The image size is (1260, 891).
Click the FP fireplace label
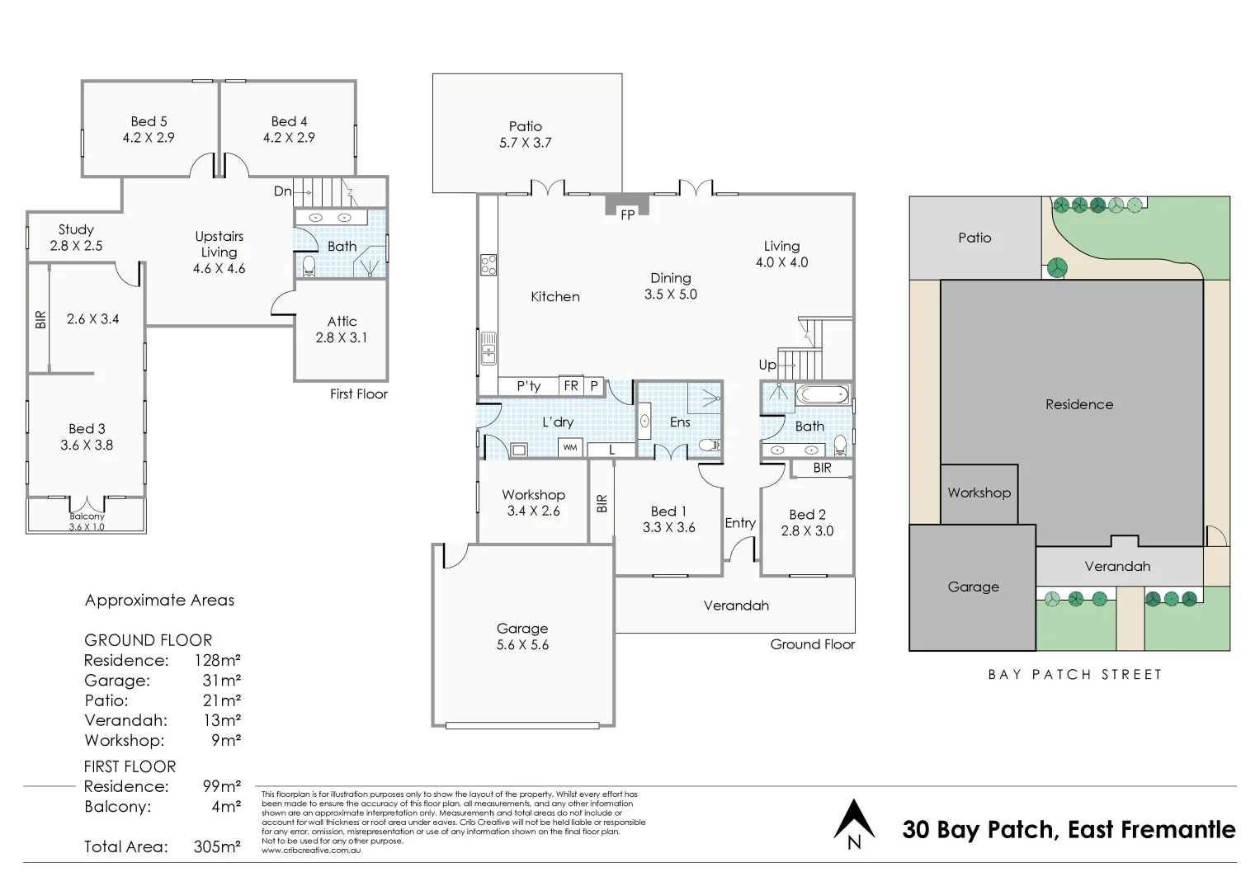pos(627,214)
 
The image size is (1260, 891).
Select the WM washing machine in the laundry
pos(570,448)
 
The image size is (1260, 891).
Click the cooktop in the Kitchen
pos(488,265)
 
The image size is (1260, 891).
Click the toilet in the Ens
pos(710,445)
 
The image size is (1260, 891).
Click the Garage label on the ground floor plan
pos(522,629)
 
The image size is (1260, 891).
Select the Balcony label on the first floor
pos(87,516)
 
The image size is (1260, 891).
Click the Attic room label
pos(342,321)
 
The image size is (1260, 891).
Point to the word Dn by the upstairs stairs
pos(282,191)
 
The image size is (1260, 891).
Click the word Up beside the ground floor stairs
pos(767,365)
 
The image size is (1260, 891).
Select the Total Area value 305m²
pos(217,846)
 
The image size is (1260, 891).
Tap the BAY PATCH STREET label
pos(1074,675)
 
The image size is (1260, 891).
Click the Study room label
pos(76,229)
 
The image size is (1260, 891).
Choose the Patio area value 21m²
pos(222,700)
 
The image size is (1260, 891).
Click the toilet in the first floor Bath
pos(309,266)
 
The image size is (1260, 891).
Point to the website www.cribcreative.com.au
pos(311,850)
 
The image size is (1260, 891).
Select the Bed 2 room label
pos(807,515)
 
